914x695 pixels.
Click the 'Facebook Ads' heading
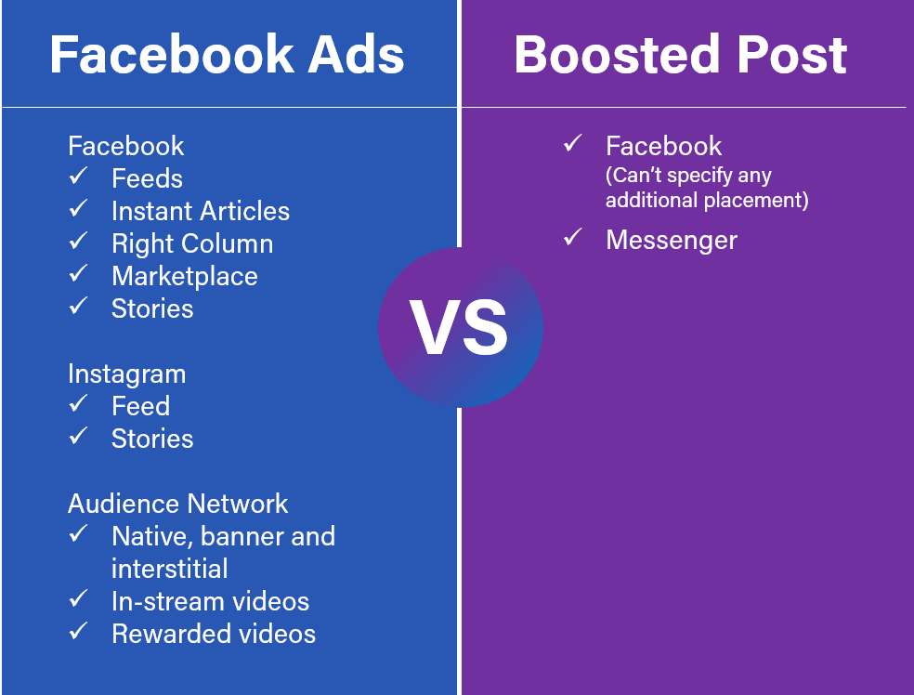(x=227, y=55)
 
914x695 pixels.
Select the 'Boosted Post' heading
(x=681, y=55)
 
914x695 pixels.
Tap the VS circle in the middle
(x=460, y=328)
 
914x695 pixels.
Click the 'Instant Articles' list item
(x=200, y=212)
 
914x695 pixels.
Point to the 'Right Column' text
(x=192, y=244)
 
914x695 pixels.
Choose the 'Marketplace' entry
(x=184, y=276)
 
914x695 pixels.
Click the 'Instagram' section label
(x=126, y=374)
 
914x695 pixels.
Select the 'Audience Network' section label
(x=177, y=504)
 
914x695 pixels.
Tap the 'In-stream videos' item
(x=210, y=601)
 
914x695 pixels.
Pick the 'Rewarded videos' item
(x=213, y=634)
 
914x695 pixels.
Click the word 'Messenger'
(x=671, y=240)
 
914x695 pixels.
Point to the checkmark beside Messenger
(x=572, y=238)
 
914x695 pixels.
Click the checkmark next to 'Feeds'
(x=78, y=177)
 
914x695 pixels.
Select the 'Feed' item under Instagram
(x=140, y=406)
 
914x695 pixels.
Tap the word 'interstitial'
(x=169, y=568)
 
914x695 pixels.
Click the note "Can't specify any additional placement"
(x=706, y=187)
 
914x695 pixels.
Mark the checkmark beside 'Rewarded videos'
(x=78, y=632)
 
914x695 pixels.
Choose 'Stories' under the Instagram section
(x=152, y=439)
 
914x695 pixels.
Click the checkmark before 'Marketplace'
(x=78, y=274)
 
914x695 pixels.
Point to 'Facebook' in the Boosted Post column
(x=663, y=146)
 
